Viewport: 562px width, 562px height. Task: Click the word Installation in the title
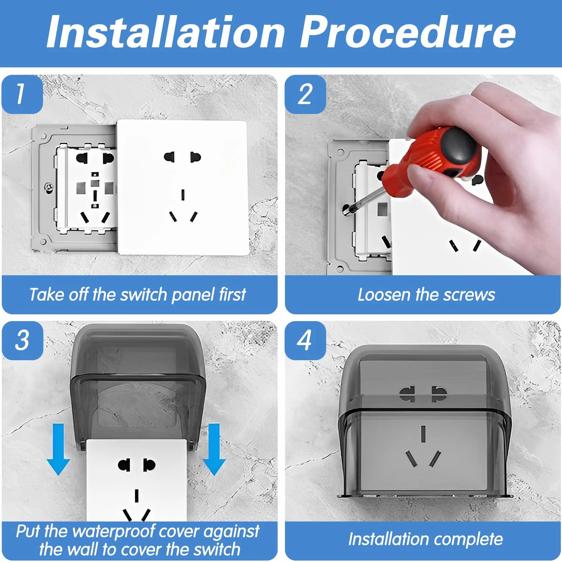coord(166,32)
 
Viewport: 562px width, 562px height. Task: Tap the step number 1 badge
coord(22,94)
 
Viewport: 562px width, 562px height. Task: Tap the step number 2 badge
coord(305,94)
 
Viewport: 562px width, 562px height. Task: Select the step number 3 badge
coord(22,340)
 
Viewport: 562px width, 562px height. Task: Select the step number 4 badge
coord(305,340)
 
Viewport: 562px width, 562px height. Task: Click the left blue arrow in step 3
coord(58,449)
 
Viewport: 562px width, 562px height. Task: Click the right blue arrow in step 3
coord(214,449)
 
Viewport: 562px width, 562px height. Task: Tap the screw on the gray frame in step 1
coord(48,187)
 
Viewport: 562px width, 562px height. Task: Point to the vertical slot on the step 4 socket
coord(423,433)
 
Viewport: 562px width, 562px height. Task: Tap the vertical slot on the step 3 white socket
coord(137,496)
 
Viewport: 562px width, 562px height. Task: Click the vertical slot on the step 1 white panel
coord(183,195)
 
